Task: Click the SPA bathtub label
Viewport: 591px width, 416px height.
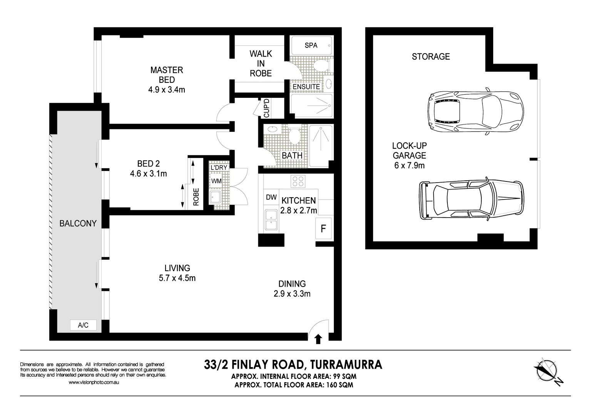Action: pos(311,45)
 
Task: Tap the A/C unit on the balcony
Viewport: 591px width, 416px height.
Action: pos(83,325)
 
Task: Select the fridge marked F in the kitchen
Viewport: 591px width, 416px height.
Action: pos(323,229)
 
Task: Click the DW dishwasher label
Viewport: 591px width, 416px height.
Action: pos(271,197)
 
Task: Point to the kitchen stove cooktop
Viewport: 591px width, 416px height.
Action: pos(298,181)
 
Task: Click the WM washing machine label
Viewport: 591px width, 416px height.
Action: pos(216,181)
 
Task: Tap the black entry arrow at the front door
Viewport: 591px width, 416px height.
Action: pos(318,339)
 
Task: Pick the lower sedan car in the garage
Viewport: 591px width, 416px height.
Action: pos(472,200)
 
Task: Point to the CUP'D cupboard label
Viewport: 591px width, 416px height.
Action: pos(266,108)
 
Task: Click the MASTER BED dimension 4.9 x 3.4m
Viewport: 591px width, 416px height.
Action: pos(166,90)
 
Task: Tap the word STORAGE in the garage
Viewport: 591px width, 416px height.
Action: pos(430,57)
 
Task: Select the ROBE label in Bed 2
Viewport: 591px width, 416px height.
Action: pos(196,196)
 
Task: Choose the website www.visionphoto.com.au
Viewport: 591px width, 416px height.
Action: pos(94,382)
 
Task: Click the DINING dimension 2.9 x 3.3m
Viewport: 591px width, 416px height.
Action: pos(292,294)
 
